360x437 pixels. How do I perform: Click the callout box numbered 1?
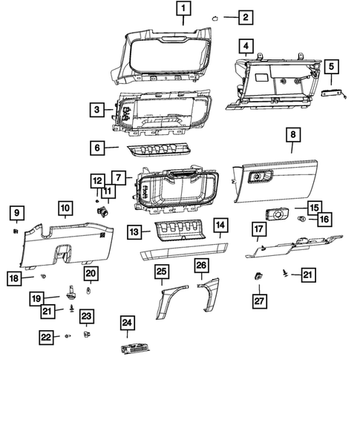pyautogui.click(x=183, y=10)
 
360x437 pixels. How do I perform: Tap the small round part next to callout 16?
pyautogui.click(x=301, y=220)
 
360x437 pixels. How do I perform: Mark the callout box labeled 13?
pyautogui.click(x=133, y=232)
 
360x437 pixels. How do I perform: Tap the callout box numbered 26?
pyautogui.click(x=201, y=265)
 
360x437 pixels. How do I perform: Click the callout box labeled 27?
pyautogui.click(x=258, y=300)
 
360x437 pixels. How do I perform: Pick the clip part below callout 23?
pyautogui.click(x=87, y=335)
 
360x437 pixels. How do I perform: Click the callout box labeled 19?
pyautogui.click(x=36, y=299)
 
